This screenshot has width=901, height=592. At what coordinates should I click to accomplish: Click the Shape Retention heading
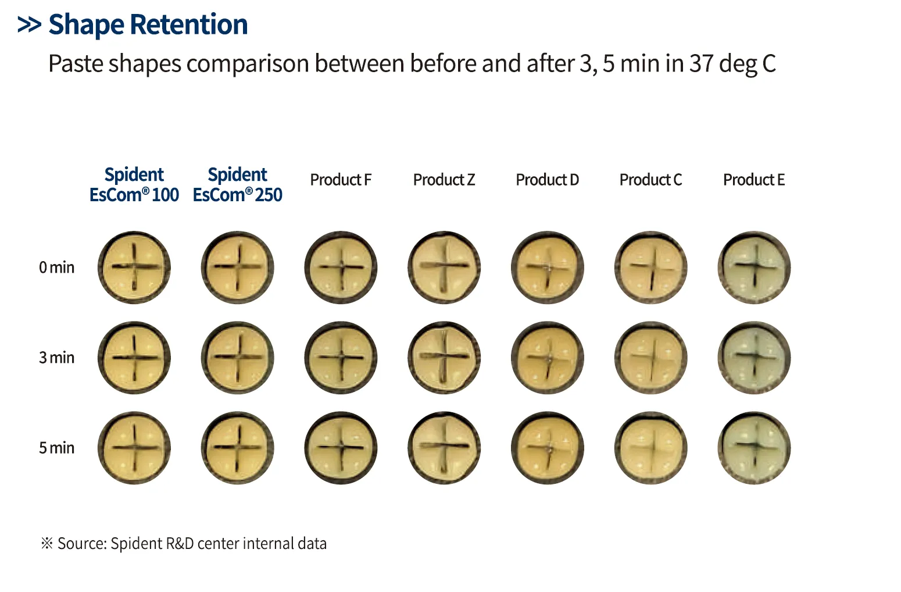(x=148, y=25)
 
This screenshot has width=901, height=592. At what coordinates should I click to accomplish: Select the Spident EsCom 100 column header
(x=134, y=184)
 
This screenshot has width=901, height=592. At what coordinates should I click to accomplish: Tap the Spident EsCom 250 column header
(x=238, y=184)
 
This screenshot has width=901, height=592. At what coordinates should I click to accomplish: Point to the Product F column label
(x=341, y=180)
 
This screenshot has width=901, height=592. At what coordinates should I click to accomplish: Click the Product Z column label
(x=444, y=180)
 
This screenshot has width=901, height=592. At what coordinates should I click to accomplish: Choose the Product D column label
(x=548, y=180)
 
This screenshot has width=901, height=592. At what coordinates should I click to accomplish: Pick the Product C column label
(x=650, y=180)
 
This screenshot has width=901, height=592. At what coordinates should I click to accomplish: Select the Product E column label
(x=754, y=180)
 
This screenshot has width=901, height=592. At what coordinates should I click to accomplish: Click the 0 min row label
(x=57, y=268)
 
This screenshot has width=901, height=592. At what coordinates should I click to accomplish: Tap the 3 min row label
(x=57, y=358)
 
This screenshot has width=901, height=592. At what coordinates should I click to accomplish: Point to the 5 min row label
(x=57, y=448)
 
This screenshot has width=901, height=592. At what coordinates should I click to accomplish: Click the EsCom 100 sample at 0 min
(x=134, y=268)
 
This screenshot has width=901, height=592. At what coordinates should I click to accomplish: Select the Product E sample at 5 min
(x=755, y=448)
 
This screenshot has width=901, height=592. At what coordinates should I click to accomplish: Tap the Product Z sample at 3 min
(x=445, y=358)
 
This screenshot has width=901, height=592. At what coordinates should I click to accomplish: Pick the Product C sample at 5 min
(x=651, y=448)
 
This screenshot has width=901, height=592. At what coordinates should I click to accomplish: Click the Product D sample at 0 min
(x=548, y=268)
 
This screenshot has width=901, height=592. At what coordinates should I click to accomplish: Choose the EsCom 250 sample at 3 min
(x=238, y=358)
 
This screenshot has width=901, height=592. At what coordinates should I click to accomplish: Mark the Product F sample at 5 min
(x=341, y=448)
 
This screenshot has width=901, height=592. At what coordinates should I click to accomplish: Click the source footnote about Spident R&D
(x=184, y=544)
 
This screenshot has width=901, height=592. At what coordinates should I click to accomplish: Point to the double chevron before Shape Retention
(x=29, y=25)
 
